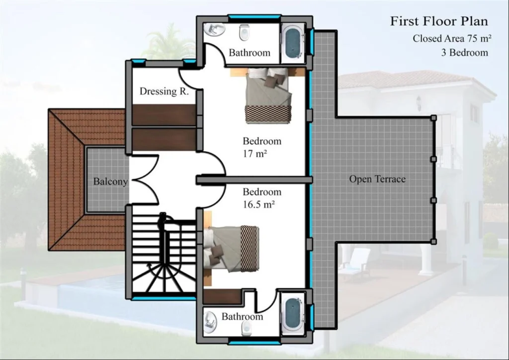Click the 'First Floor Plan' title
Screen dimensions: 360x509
[438, 21]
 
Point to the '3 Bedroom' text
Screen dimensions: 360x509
[464, 52]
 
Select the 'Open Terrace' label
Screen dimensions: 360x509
[377, 179]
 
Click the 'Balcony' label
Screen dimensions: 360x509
[110, 181]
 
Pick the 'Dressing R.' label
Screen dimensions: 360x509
[164, 91]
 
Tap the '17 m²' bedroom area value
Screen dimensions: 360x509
[255, 154]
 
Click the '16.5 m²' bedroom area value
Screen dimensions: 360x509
[259, 204]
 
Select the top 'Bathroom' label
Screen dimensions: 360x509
[250, 53]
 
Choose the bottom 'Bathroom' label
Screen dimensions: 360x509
[242, 317]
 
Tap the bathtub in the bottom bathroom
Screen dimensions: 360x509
[293, 314]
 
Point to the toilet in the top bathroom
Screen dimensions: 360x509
[244, 33]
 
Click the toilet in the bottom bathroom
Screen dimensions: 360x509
[245, 329]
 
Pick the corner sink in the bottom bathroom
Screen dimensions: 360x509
[211, 322]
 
